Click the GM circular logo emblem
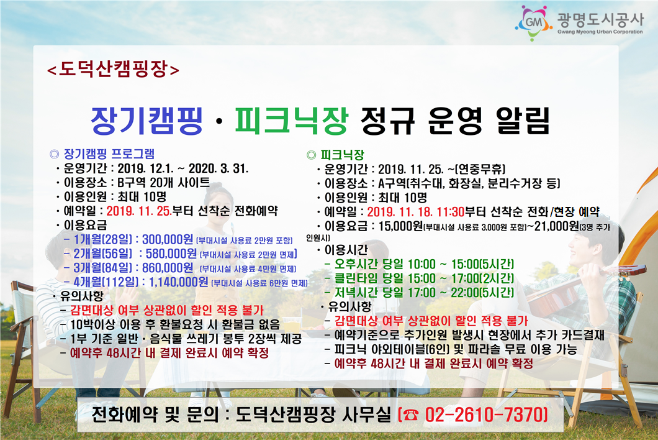pos(534,23)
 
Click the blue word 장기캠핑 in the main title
pos(147,121)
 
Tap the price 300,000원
pos(168,239)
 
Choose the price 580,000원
pos(171,254)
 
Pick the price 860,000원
pos(168,268)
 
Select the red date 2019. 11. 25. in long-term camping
pos(139,211)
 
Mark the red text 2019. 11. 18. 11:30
pos(416,212)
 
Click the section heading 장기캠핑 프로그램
pos(109,154)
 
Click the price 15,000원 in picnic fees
pos(400,226)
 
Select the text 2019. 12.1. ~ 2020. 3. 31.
pos(183,168)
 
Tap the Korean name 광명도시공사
pos(600,19)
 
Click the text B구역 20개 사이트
pos(164,183)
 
